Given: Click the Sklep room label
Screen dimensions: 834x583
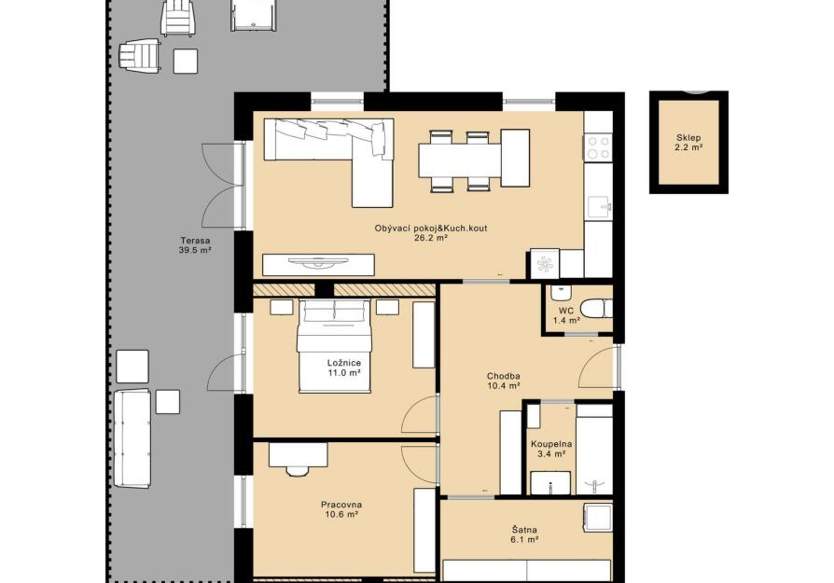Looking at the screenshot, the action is coord(688,143).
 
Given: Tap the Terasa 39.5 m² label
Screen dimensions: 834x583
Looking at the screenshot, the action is coord(195,244).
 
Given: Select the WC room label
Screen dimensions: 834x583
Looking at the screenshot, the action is coord(566,315).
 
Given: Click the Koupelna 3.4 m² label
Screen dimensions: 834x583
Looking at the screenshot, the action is coord(551,449).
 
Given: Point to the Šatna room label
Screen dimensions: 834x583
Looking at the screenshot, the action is coord(524,534).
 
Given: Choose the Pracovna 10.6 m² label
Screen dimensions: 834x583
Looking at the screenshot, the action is coord(341,509).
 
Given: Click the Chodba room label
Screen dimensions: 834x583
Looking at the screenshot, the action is coord(503,381).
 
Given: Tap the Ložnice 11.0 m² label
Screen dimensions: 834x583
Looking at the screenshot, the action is coord(343,368).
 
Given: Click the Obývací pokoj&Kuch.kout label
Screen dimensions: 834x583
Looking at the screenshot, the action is coord(431,233).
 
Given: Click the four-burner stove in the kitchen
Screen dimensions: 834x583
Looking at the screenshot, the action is coord(598,147).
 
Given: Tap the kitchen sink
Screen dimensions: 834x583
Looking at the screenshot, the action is coord(601,206).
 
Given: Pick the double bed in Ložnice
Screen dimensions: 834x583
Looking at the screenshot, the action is coord(333,346).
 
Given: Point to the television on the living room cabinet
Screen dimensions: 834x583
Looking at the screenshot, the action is coord(318,262).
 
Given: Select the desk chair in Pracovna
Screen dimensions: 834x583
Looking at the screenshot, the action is coord(298,471).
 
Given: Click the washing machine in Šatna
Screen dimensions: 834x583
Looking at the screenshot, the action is coord(598,518).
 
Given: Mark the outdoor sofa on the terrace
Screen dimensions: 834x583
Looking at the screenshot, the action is coord(132,438).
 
